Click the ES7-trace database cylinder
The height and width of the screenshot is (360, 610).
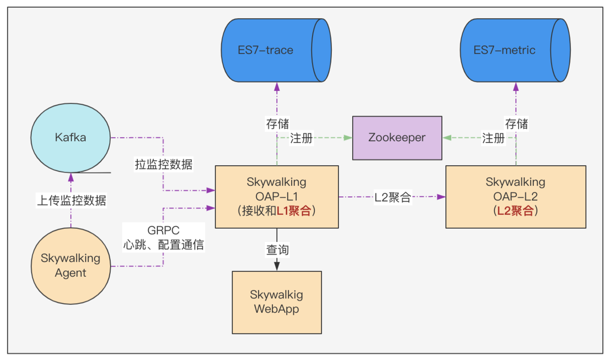[x=275, y=50]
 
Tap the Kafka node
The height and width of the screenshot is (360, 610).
[x=71, y=137]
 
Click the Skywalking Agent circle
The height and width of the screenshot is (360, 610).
[x=71, y=266]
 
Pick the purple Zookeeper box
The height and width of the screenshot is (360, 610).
[x=397, y=138]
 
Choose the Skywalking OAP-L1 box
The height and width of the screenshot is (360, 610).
[x=276, y=197]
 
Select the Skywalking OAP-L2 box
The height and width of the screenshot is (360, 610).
[x=516, y=197]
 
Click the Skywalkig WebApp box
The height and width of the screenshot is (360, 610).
[x=276, y=302]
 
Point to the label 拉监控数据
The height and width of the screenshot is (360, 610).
[x=163, y=164]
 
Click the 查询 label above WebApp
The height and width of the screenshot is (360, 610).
[x=277, y=250]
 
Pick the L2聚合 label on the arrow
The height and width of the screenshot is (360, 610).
[x=393, y=198]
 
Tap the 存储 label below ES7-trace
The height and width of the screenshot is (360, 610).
[x=277, y=123]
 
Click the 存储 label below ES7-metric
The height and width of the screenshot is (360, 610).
[x=517, y=123]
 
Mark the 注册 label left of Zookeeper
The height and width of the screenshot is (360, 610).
[x=301, y=138]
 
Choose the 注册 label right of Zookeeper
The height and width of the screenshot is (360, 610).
[x=493, y=138]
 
